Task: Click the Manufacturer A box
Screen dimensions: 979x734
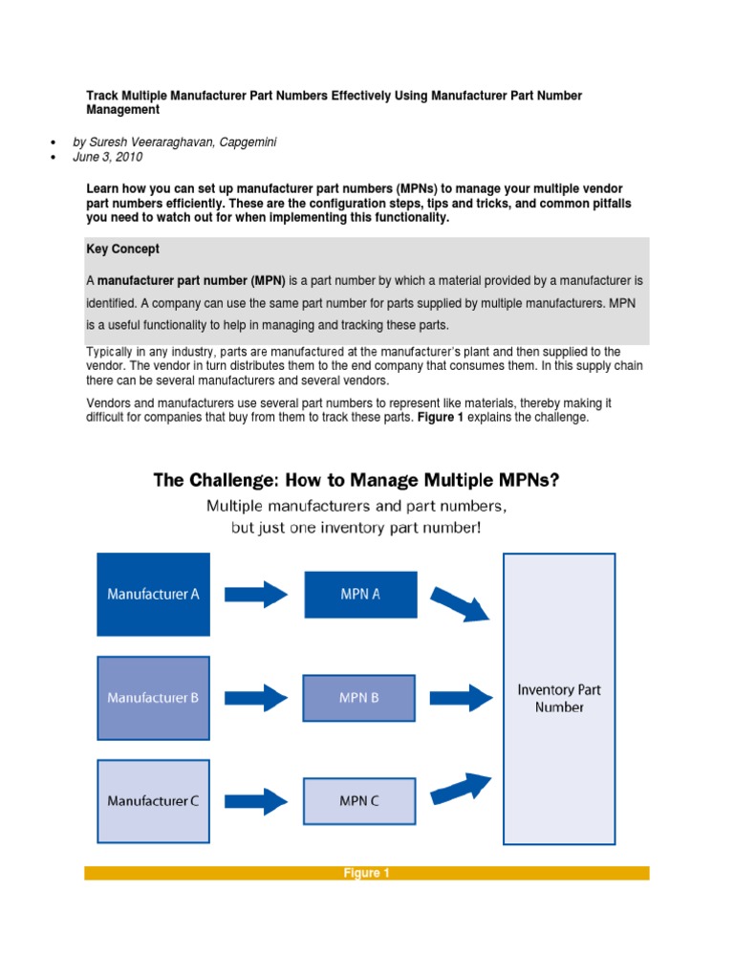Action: coord(153,594)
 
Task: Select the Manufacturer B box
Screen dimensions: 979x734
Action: coord(153,697)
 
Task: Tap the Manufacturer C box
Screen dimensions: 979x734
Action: coord(153,801)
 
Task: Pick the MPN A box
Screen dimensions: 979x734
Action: coord(360,594)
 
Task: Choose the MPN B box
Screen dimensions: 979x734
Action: coord(359,697)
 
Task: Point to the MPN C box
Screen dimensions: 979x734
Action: coord(359,801)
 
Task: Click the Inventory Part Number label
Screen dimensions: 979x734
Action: coord(559,698)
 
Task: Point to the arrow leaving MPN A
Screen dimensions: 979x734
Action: coord(460,603)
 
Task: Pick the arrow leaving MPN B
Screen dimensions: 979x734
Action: coord(460,697)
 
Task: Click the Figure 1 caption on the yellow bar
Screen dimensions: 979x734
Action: coord(367,873)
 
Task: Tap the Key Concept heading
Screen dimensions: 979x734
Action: coord(122,249)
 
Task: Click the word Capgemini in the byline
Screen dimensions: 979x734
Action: coord(249,142)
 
